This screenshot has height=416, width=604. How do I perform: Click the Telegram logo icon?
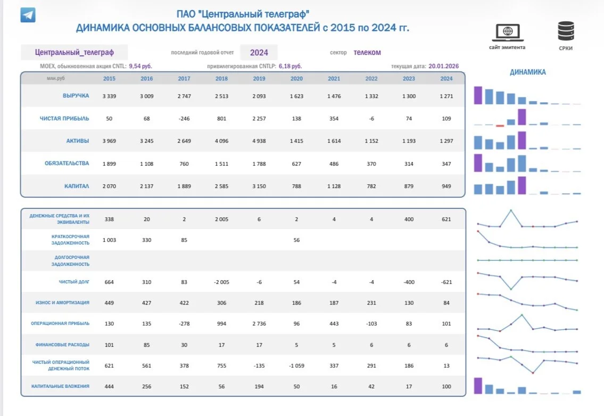coord(28,15)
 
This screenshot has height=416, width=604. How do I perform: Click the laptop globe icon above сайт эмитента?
coord(508,32)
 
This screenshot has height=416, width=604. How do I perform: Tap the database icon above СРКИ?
coord(566,31)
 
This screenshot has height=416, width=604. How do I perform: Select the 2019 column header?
coord(259,79)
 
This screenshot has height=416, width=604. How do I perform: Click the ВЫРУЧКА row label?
coord(76,96)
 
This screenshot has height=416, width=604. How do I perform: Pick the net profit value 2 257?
coord(259,119)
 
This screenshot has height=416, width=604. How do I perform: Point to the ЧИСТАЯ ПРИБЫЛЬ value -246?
coord(184,119)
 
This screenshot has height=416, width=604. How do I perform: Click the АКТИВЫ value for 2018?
coord(221,141)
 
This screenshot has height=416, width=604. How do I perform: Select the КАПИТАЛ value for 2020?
coord(296,186)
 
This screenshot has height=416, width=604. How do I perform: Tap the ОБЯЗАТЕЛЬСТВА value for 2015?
coord(110,164)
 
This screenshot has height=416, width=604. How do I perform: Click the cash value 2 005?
coord(221,219)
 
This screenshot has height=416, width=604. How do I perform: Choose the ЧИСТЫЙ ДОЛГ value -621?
coord(446,282)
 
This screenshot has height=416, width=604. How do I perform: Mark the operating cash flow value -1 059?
coord(296,366)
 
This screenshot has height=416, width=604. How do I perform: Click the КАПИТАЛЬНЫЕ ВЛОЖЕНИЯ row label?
coord(60,386)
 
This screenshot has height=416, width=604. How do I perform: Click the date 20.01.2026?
coord(444,66)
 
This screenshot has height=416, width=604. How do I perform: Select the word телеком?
coord(367,52)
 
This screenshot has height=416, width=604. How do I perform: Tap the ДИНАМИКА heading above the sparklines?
coord(528,72)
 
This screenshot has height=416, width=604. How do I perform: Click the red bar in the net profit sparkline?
coord(500,126)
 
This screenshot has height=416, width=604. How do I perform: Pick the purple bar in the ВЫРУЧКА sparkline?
coord(478,95)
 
